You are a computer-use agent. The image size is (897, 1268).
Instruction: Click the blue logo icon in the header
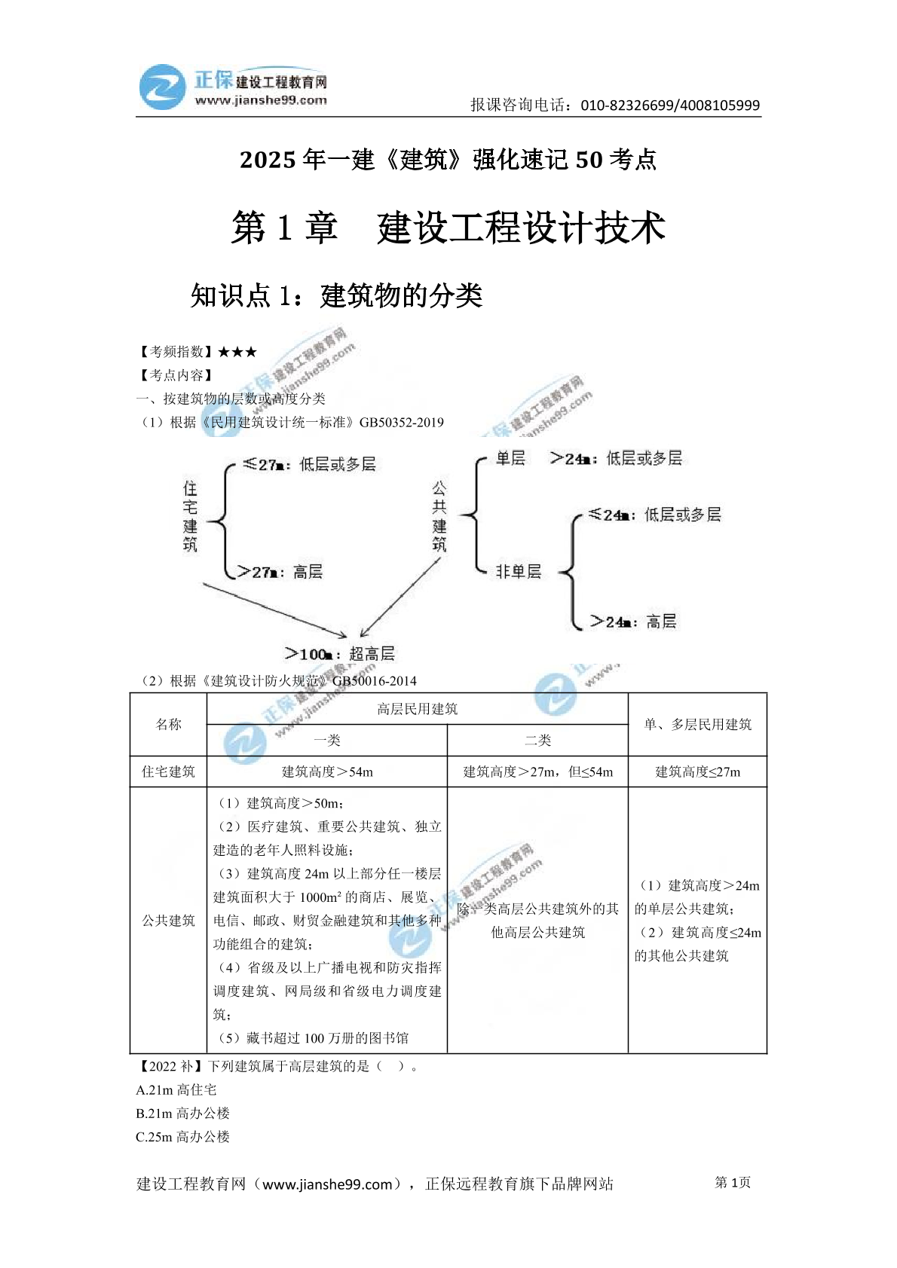(x=163, y=87)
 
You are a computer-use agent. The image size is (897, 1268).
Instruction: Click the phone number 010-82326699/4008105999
(x=670, y=105)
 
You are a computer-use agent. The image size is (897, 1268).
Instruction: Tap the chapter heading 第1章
(x=283, y=228)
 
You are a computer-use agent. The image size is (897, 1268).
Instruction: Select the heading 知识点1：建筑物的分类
(x=336, y=295)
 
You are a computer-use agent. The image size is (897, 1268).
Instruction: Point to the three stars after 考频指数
(x=237, y=352)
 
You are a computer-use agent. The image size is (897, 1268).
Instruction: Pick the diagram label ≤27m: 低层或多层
(x=309, y=464)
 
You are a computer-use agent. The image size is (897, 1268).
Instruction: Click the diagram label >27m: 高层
(x=280, y=572)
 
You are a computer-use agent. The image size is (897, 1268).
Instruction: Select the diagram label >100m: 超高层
(x=340, y=654)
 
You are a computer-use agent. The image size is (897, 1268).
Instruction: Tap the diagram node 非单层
(x=518, y=571)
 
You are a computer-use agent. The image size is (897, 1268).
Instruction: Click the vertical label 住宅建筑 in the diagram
(x=190, y=516)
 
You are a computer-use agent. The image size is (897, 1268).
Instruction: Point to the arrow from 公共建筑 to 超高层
(x=400, y=597)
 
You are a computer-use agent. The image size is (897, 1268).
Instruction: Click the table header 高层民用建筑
(x=418, y=709)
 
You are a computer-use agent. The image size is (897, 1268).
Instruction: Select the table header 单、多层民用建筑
(x=698, y=725)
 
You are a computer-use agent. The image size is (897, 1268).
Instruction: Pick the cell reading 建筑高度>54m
(x=327, y=771)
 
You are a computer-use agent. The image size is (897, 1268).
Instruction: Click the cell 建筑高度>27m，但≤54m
(x=538, y=771)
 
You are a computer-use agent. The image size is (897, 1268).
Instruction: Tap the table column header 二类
(x=538, y=741)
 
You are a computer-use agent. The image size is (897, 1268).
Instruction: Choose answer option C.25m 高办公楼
(x=183, y=1137)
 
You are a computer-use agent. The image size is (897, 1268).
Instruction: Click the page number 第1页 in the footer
(x=733, y=1182)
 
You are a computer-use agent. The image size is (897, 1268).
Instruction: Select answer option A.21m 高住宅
(x=176, y=1089)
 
